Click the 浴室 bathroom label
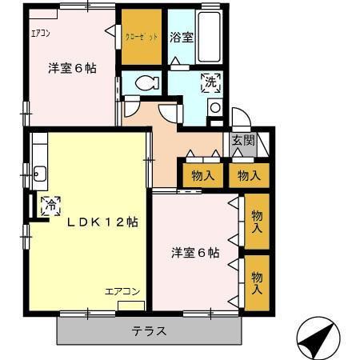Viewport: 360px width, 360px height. pyautogui.click(x=182, y=38)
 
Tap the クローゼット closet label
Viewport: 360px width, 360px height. pyautogui.click(x=142, y=38)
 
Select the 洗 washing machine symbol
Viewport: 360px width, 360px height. pyautogui.click(x=210, y=81)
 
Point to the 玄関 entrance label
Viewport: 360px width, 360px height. pyautogui.click(x=242, y=139)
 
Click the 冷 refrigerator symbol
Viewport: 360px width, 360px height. pyautogui.click(x=50, y=205)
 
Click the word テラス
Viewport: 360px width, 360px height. pyautogui.click(x=149, y=330)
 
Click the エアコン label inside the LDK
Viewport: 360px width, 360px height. pyautogui.click(x=123, y=292)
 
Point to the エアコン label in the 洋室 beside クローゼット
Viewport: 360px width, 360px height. pyautogui.click(x=41, y=34)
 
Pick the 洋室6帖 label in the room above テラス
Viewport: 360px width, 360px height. pyautogui.click(x=194, y=254)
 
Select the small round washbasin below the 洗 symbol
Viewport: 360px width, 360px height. pyautogui.click(x=214, y=107)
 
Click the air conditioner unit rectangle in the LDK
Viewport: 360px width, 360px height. pyautogui.click(x=131, y=306)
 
